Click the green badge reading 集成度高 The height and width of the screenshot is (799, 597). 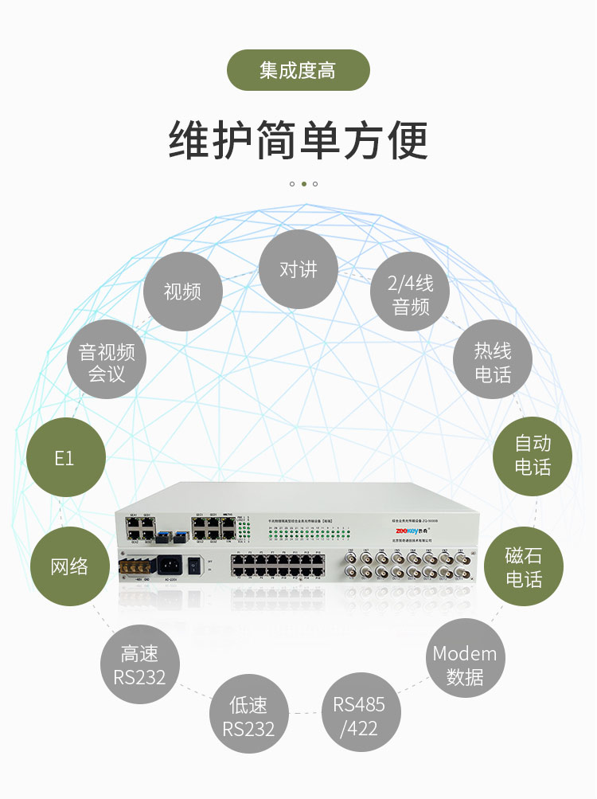[x=298, y=70]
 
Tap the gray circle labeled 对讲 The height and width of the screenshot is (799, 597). [x=298, y=269]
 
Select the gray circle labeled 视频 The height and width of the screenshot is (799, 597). [x=182, y=292]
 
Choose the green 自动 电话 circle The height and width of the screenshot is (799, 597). [x=533, y=455]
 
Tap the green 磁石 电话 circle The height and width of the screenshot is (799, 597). [x=524, y=566]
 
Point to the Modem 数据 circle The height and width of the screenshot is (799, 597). [x=466, y=664]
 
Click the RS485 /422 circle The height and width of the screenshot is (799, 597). [x=359, y=715]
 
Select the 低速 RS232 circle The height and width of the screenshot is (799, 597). [x=248, y=716]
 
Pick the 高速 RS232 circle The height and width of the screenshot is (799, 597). [x=140, y=665]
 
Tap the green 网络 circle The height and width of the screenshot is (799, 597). [x=69, y=566]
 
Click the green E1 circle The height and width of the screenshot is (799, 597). [x=65, y=458]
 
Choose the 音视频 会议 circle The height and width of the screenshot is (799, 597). [x=107, y=362]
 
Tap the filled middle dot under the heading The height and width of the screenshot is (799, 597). [x=303, y=184]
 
